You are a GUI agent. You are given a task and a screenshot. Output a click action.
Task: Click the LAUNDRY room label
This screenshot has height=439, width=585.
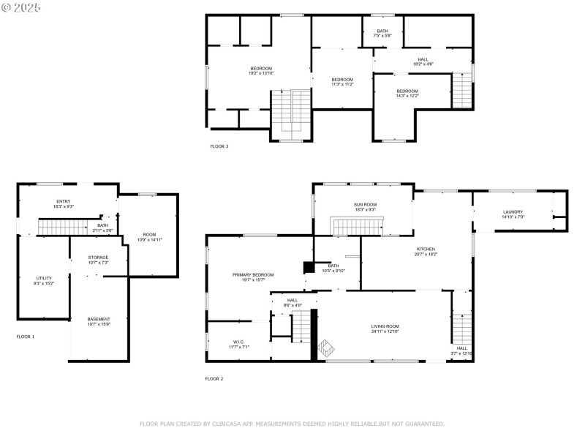click(513, 212)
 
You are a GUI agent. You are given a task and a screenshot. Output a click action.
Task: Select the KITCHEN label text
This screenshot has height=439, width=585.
click(426, 249)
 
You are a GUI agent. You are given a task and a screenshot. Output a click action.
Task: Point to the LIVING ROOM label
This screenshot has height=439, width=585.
click(385, 326)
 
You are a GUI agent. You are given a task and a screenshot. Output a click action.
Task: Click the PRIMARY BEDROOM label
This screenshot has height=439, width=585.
click(253, 274)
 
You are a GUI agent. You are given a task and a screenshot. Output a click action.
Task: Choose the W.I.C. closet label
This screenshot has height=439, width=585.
click(238, 342)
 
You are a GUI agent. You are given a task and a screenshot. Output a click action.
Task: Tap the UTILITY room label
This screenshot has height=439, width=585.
click(44, 278)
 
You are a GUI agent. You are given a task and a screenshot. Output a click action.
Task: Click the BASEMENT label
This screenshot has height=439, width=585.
click(99, 319)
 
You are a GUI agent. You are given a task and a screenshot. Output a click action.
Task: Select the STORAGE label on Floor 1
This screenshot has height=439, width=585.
click(99, 257)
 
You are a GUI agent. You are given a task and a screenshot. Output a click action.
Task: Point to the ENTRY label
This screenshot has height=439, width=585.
click(64, 201)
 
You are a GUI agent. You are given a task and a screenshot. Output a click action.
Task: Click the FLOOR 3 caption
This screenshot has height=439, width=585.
click(219, 146)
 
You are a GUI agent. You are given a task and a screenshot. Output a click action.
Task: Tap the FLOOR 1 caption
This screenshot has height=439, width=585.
click(26, 337)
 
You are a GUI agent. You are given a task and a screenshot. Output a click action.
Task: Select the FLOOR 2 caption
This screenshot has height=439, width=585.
click(214, 378)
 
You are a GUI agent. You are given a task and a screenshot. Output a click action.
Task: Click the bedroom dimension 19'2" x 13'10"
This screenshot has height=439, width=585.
click(261, 73)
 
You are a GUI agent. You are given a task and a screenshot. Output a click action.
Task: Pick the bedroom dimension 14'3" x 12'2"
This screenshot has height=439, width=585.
click(407, 96)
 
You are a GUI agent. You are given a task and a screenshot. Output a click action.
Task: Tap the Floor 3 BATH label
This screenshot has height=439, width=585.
click(382, 31)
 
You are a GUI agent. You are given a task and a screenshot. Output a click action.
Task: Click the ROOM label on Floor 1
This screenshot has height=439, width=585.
click(149, 234)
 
